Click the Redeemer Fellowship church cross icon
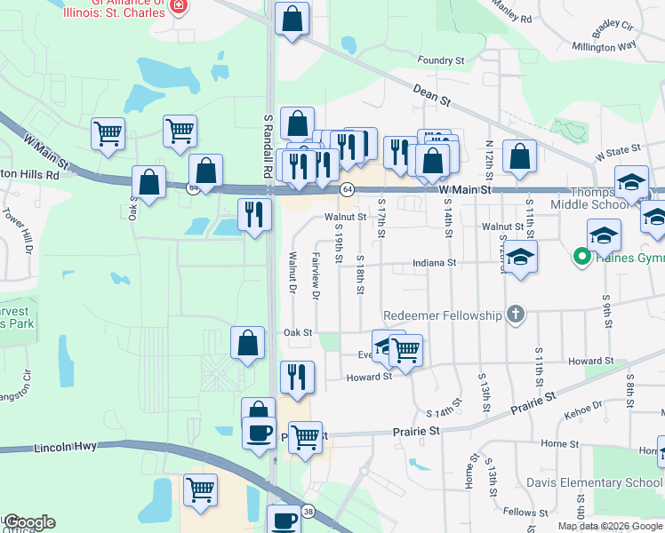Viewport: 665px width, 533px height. pos(515,314)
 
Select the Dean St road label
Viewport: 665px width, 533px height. pos(433,94)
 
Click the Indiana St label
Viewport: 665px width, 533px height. pos(433,263)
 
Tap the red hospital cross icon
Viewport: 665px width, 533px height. pos(179,6)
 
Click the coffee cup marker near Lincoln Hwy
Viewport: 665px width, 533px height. pos(259,433)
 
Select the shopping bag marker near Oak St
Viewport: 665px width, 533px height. pos(248,343)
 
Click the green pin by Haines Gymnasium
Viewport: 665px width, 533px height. pos(582,259)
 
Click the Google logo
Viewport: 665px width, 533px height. pos(29,522)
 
